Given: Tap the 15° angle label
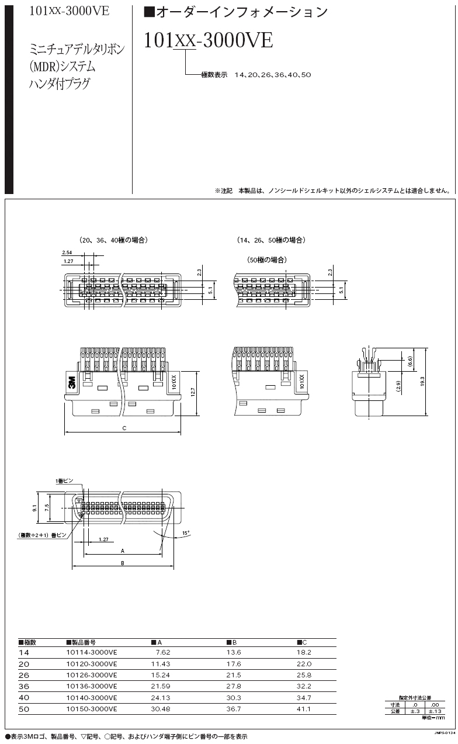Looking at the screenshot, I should tap(186, 533).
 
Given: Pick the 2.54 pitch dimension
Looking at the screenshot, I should tap(67, 253).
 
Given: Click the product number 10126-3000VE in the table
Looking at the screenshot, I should tap(92, 675).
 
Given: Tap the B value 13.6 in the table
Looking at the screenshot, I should tap(234, 652).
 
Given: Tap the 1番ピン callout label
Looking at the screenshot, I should tap(64, 480).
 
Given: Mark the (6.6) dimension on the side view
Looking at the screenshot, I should tap(410, 362).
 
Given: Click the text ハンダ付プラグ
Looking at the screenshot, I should tap(60, 84).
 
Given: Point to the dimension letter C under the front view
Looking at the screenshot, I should tap(124, 428).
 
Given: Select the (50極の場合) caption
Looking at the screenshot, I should tap(266, 259).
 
